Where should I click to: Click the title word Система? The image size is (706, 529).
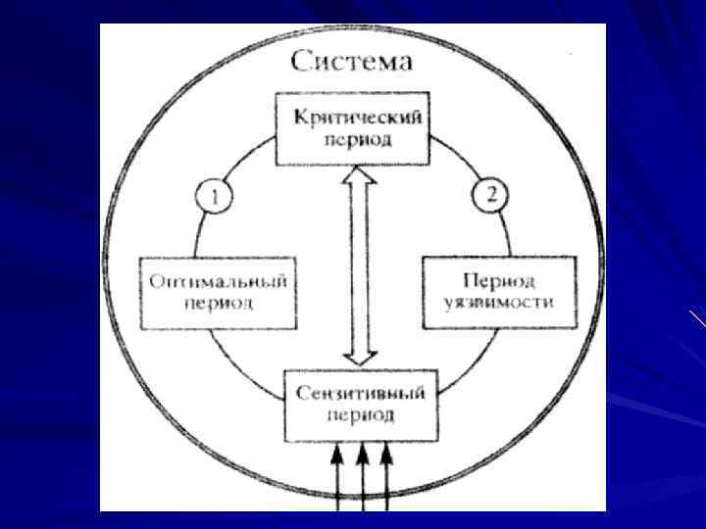[x=352, y=62]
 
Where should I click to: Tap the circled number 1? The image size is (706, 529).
[x=214, y=196]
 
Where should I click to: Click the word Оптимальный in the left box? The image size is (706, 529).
[x=218, y=281]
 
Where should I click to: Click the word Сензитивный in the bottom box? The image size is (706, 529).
[x=360, y=394]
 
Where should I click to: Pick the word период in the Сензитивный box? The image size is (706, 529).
[x=360, y=414]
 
